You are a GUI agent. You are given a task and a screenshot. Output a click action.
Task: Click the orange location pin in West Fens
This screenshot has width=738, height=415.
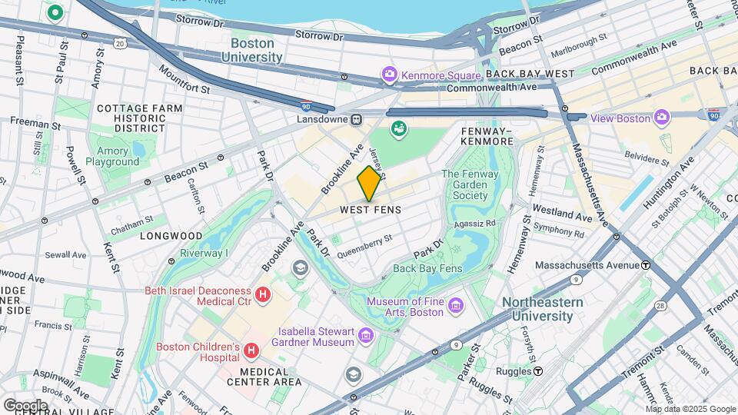(x=370, y=183)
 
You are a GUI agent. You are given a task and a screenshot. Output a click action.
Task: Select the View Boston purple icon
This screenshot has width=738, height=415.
(x=662, y=118)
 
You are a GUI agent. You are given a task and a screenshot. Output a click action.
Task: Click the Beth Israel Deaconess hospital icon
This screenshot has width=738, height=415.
(x=263, y=294)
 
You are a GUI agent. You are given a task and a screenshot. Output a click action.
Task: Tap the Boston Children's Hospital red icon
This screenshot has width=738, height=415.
(x=251, y=351)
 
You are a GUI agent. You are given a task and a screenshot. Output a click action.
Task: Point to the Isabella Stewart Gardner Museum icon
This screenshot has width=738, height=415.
(x=366, y=335)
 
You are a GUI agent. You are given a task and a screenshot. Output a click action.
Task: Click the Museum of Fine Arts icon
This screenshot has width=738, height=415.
(x=456, y=306)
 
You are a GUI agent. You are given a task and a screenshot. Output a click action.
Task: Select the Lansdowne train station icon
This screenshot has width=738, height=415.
(x=357, y=119)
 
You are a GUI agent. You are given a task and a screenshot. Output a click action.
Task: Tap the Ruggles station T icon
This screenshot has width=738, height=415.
(x=538, y=370)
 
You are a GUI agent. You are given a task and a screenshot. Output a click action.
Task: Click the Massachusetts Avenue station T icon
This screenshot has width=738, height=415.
(x=646, y=265)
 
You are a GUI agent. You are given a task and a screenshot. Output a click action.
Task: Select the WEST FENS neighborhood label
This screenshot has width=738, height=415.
(x=371, y=210)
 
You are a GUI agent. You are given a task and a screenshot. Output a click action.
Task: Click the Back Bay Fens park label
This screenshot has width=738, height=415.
(x=427, y=268)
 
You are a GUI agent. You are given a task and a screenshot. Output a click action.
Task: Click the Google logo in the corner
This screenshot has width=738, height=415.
(x=25, y=404)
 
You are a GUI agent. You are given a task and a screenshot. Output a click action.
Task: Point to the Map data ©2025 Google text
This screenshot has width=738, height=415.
(x=690, y=409)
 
